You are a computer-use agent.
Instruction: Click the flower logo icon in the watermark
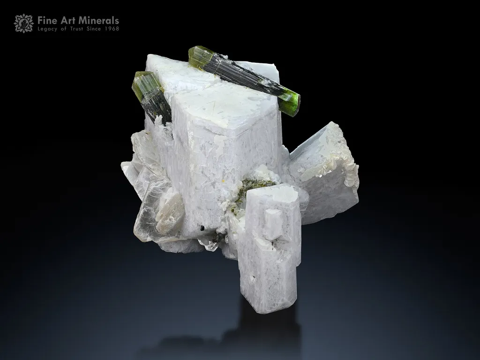coord(23,23)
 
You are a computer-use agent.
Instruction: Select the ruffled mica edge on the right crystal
coord(349,173)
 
